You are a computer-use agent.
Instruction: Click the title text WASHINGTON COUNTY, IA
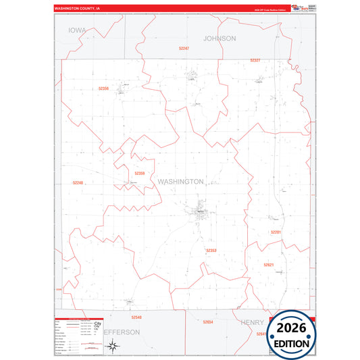(77, 9)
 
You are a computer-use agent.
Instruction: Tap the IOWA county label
(77, 30)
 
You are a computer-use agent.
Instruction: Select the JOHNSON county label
(220, 38)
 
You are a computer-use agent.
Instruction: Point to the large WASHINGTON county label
(180, 182)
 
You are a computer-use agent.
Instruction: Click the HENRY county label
(252, 322)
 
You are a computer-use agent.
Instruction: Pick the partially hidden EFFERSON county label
(122, 332)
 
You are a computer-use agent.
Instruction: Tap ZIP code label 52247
(184, 49)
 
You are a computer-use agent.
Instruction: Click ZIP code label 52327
(255, 60)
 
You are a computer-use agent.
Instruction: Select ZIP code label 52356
(103, 88)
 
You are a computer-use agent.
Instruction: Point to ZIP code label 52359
(140, 174)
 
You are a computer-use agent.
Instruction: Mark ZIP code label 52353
(211, 251)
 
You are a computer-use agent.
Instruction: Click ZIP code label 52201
(276, 232)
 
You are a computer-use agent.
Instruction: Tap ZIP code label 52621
(269, 265)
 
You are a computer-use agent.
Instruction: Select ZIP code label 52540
(136, 317)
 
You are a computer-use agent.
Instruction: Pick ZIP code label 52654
(208, 322)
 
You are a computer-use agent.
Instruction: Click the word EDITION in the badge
(292, 343)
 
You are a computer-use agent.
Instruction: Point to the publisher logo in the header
(296, 8)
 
